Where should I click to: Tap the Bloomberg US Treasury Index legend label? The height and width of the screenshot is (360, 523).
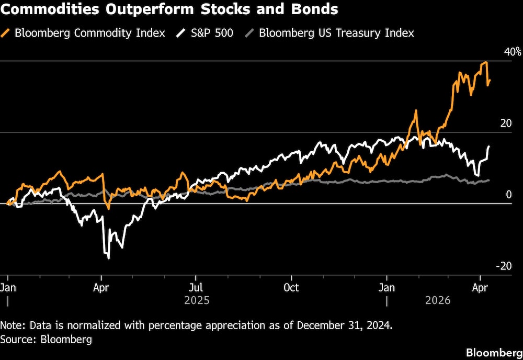tap(336, 33)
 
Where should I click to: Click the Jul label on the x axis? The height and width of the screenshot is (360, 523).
tap(196, 287)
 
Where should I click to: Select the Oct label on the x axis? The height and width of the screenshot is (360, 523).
tap(291, 287)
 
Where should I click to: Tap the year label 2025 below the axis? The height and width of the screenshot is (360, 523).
tap(197, 301)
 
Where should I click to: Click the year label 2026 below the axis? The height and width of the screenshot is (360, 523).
tap(439, 301)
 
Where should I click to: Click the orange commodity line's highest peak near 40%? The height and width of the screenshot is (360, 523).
tap(486, 62)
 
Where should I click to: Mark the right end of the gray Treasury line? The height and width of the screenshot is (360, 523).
tap(489, 180)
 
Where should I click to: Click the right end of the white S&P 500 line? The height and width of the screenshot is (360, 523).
tap(489, 147)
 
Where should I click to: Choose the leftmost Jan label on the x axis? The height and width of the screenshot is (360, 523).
tap(8, 287)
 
